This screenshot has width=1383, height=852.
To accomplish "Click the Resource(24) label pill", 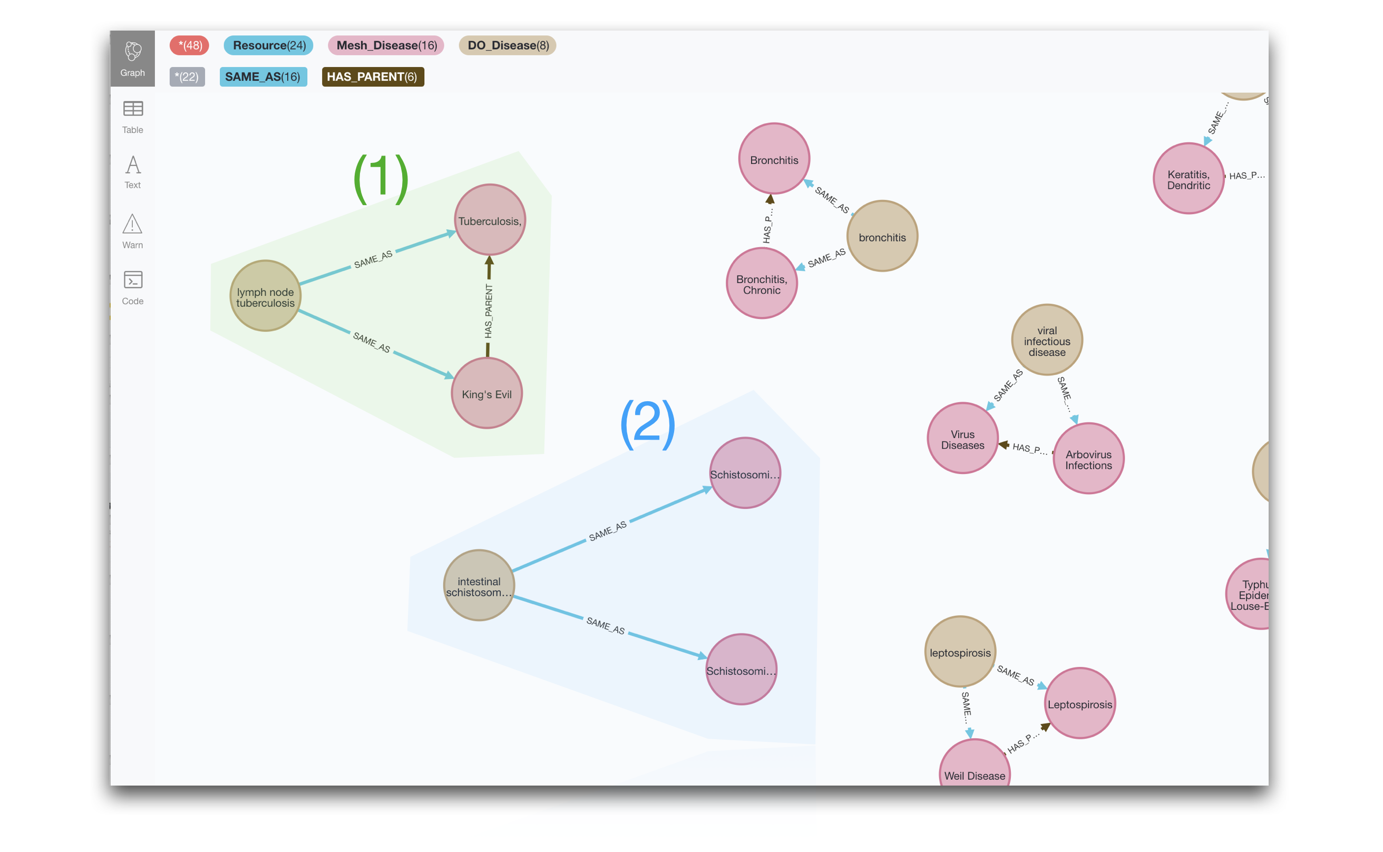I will (x=268, y=46).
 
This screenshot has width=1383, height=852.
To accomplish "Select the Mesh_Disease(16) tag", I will (x=386, y=46).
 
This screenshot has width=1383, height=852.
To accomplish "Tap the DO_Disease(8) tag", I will (x=507, y=46).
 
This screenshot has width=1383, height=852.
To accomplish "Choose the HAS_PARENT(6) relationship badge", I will (x=373, y=76).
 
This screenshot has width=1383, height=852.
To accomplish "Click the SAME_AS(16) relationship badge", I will (x=262, y=76).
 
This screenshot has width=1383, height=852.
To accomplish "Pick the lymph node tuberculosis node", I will (x=265, y=296).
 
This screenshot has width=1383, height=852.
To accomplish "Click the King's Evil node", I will (x=486, y=393).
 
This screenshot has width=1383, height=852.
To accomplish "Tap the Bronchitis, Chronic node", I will (x=762, y=284).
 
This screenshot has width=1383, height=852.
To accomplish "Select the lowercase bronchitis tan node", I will (x=882, y=237).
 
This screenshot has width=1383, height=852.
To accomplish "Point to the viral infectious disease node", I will (x=1047, y=341).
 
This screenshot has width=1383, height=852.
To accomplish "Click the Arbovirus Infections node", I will (x=1088, y=459).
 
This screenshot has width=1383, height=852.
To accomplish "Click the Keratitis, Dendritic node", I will (x=1188, y=179).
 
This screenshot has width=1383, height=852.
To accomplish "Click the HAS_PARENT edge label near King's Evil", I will (x=489, y=311).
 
